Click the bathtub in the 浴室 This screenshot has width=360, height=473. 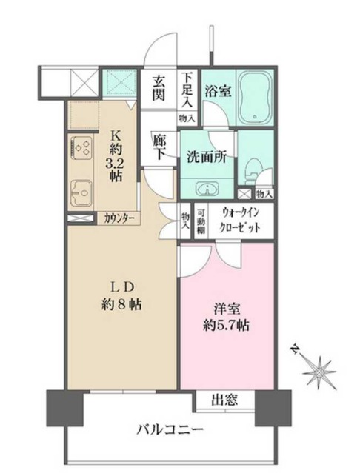click(x=256, y=98)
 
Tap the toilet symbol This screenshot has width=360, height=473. click(x=251, y=172)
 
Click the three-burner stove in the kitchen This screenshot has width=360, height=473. click(x=82, y=147)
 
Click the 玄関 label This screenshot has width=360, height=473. click(x=158, y=88)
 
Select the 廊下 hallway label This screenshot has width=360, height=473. click(x=159, y=147)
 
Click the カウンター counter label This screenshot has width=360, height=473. click(x=119, y=218)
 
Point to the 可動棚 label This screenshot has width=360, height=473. click(x=201, y=222)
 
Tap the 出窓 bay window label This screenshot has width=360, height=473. click(x=224, y=400)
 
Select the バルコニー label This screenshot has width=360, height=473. click(x=170, y=429)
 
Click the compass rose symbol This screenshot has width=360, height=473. click(x=319, y=372)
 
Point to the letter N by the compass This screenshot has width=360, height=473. click(x=295, y=350)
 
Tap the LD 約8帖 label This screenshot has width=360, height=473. click(x=121, y=296)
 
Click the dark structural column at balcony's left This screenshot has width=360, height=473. click(x=64, y=408)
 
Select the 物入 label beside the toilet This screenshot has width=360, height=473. click(x=264, y=194)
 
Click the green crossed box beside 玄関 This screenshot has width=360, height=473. click(x=121, y=82)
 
